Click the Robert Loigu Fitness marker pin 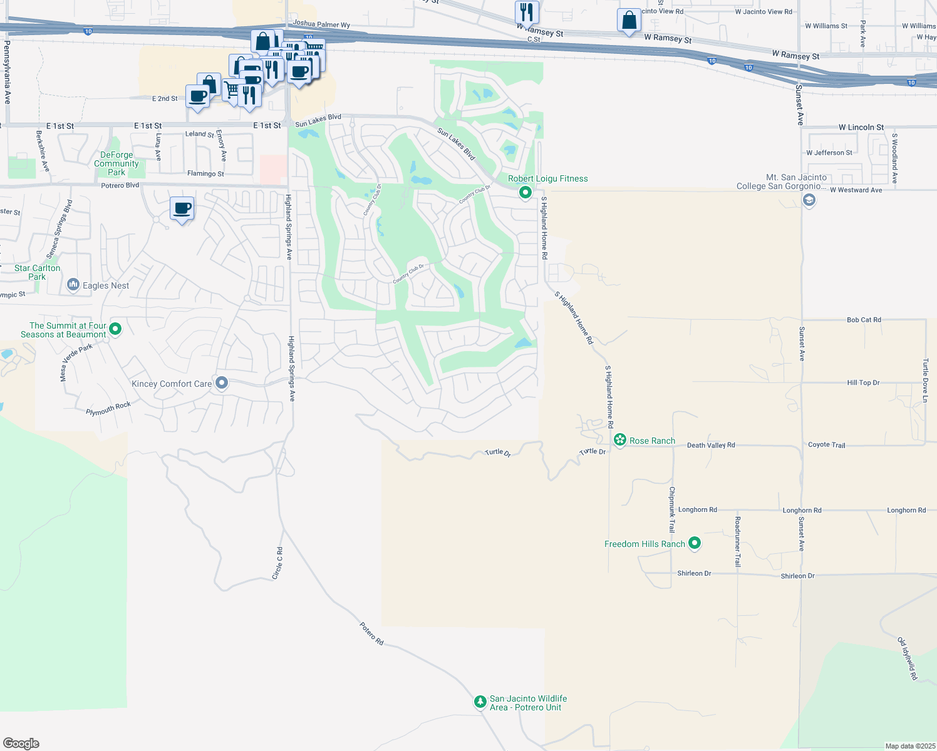click(x=525, y=193)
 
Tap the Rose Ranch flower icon click(x=620, y=441)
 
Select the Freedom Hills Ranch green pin click(x=694, y=543)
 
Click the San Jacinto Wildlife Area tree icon click(x=480, y=702)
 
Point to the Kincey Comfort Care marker click(x=221, y=383)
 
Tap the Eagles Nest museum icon click(x=73, y=285)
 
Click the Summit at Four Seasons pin click(x=115, y=329)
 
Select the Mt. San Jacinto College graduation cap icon click(x=809, y=200)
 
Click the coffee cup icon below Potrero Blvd click(x=182, y=208)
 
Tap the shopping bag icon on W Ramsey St click(x=629, y=20)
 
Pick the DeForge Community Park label click(x=116, y=163)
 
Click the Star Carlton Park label click(x=38, y=272)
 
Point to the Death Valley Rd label click(x=711, y=445)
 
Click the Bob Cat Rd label click(x=864, y=320)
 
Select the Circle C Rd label click(x=277, y=563)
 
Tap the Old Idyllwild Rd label click(x=908, y=658)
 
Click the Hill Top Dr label click(x=863, y=382)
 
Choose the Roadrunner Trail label click(x=738, y=542)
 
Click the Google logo click(x=21, y=743)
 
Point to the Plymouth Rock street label click(x=108, y=408)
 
